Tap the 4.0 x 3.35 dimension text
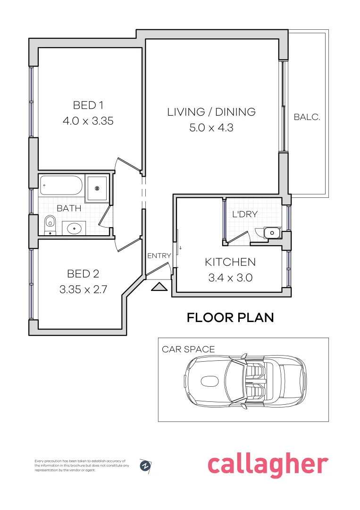pyautogui.click(x=88, y=121)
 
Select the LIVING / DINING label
pyautogui.click(x=211, y=112)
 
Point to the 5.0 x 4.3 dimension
pyautogui.click(x=211, y=127)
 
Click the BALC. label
pyautogui.click(x=307, y=117)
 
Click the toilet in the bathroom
pyautogui.click(x=50, y=225)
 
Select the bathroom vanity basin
pyautogui.click(x=74, y=229)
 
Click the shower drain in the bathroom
pyautogui.click(x=97, y=188)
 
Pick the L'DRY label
pyautogui.click(x=245, y=214)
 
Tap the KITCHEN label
pyautogui.click(x=230, y=262)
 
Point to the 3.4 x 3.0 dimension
pyautogui.click(x=230, y=278)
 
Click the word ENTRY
pyautogui.click(x=159, y=256)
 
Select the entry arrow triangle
pyautogui.click(x=159, y=287)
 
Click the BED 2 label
pyautogui.click(x=83, y=274)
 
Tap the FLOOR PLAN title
pyautogui.click(x=230, y=317)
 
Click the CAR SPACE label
pyautogui.click(x=188, y=349)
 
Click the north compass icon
pyautogui.click(x=146, y=466)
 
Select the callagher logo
pyautogui.click(x=268, y=466)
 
